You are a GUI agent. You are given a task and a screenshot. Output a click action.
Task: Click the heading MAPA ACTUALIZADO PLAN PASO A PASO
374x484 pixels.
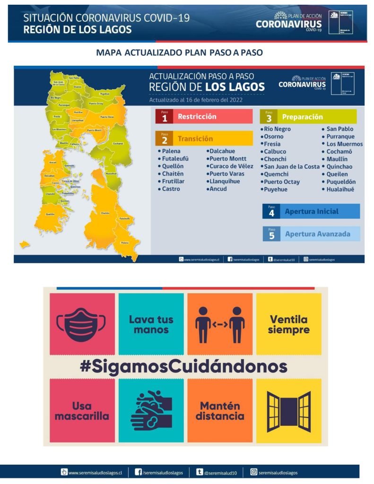[179, 53]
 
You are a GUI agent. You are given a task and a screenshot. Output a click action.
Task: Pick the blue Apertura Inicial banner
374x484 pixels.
[311, 211]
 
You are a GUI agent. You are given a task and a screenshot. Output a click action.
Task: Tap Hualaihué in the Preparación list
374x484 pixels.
[340, 189]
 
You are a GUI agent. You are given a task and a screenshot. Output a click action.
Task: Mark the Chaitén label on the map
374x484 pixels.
[105, 213]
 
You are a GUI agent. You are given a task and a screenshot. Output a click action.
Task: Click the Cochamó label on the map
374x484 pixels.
[118, 144]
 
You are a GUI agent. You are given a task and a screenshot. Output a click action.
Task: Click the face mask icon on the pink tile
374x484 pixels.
[83, 324]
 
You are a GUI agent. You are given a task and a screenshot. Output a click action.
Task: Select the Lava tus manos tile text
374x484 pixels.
[151, 324]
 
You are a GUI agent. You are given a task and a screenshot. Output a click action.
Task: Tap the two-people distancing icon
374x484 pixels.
[220, 324]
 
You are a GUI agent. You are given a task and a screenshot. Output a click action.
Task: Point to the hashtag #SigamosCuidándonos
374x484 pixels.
[183, 366]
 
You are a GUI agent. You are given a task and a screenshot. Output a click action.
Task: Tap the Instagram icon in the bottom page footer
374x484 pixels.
[254, 472]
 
